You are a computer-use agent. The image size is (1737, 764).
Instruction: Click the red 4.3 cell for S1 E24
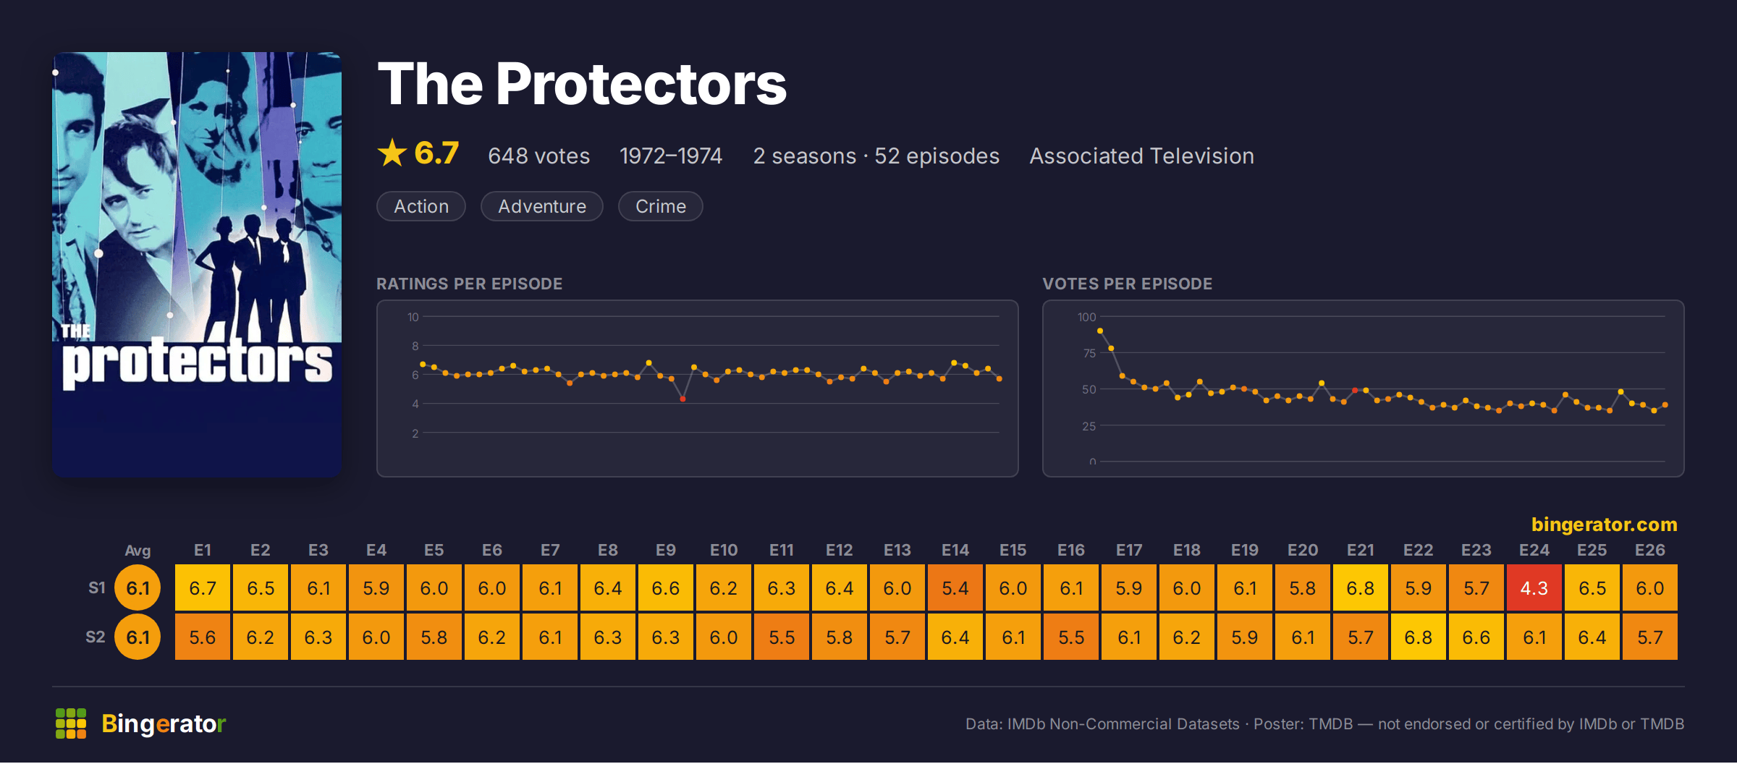[1534, 588]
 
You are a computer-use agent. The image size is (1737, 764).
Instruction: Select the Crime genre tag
[660, 206]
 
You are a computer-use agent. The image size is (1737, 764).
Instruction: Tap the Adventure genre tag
[542, 206]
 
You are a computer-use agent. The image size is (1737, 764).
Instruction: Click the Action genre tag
[421, 206]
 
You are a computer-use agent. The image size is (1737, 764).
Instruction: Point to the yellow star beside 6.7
[392, 153]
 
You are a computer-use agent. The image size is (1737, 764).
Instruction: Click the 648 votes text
[538, 156]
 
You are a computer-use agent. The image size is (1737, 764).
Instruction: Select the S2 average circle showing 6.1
[138, 637]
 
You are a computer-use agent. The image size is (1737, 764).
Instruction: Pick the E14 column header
[955, 550]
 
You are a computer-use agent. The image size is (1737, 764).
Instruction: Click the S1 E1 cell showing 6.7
[203, 588]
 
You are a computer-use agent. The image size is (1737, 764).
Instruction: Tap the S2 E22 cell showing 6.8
[1419, 637]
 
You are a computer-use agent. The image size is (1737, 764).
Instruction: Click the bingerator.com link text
[1604, 524]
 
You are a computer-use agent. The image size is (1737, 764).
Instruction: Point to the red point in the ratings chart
[682, 399]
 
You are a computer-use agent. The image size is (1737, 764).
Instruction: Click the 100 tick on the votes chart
[1086, 317]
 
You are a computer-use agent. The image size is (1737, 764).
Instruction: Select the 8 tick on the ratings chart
[415, 346]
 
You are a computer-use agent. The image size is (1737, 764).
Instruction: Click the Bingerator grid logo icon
[71, 723]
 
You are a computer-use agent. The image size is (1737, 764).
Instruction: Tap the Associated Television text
[1141, 156]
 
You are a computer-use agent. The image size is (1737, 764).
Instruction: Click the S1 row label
[97, 587]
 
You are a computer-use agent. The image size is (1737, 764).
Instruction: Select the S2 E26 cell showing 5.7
[1650, 637]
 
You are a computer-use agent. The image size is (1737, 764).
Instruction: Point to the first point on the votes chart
[1100, 331]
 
